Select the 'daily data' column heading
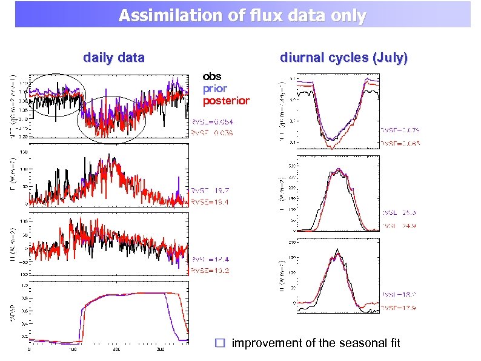114,58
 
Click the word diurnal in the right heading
302,58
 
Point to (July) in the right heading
391,58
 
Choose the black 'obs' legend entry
212,76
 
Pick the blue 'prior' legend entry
215,89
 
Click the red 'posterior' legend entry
226,101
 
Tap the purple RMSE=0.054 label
212,121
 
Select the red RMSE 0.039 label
212,132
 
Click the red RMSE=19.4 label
210,201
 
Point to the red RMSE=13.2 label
210,271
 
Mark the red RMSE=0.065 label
400,144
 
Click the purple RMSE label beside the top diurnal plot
400,130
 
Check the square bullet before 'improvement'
221,343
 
